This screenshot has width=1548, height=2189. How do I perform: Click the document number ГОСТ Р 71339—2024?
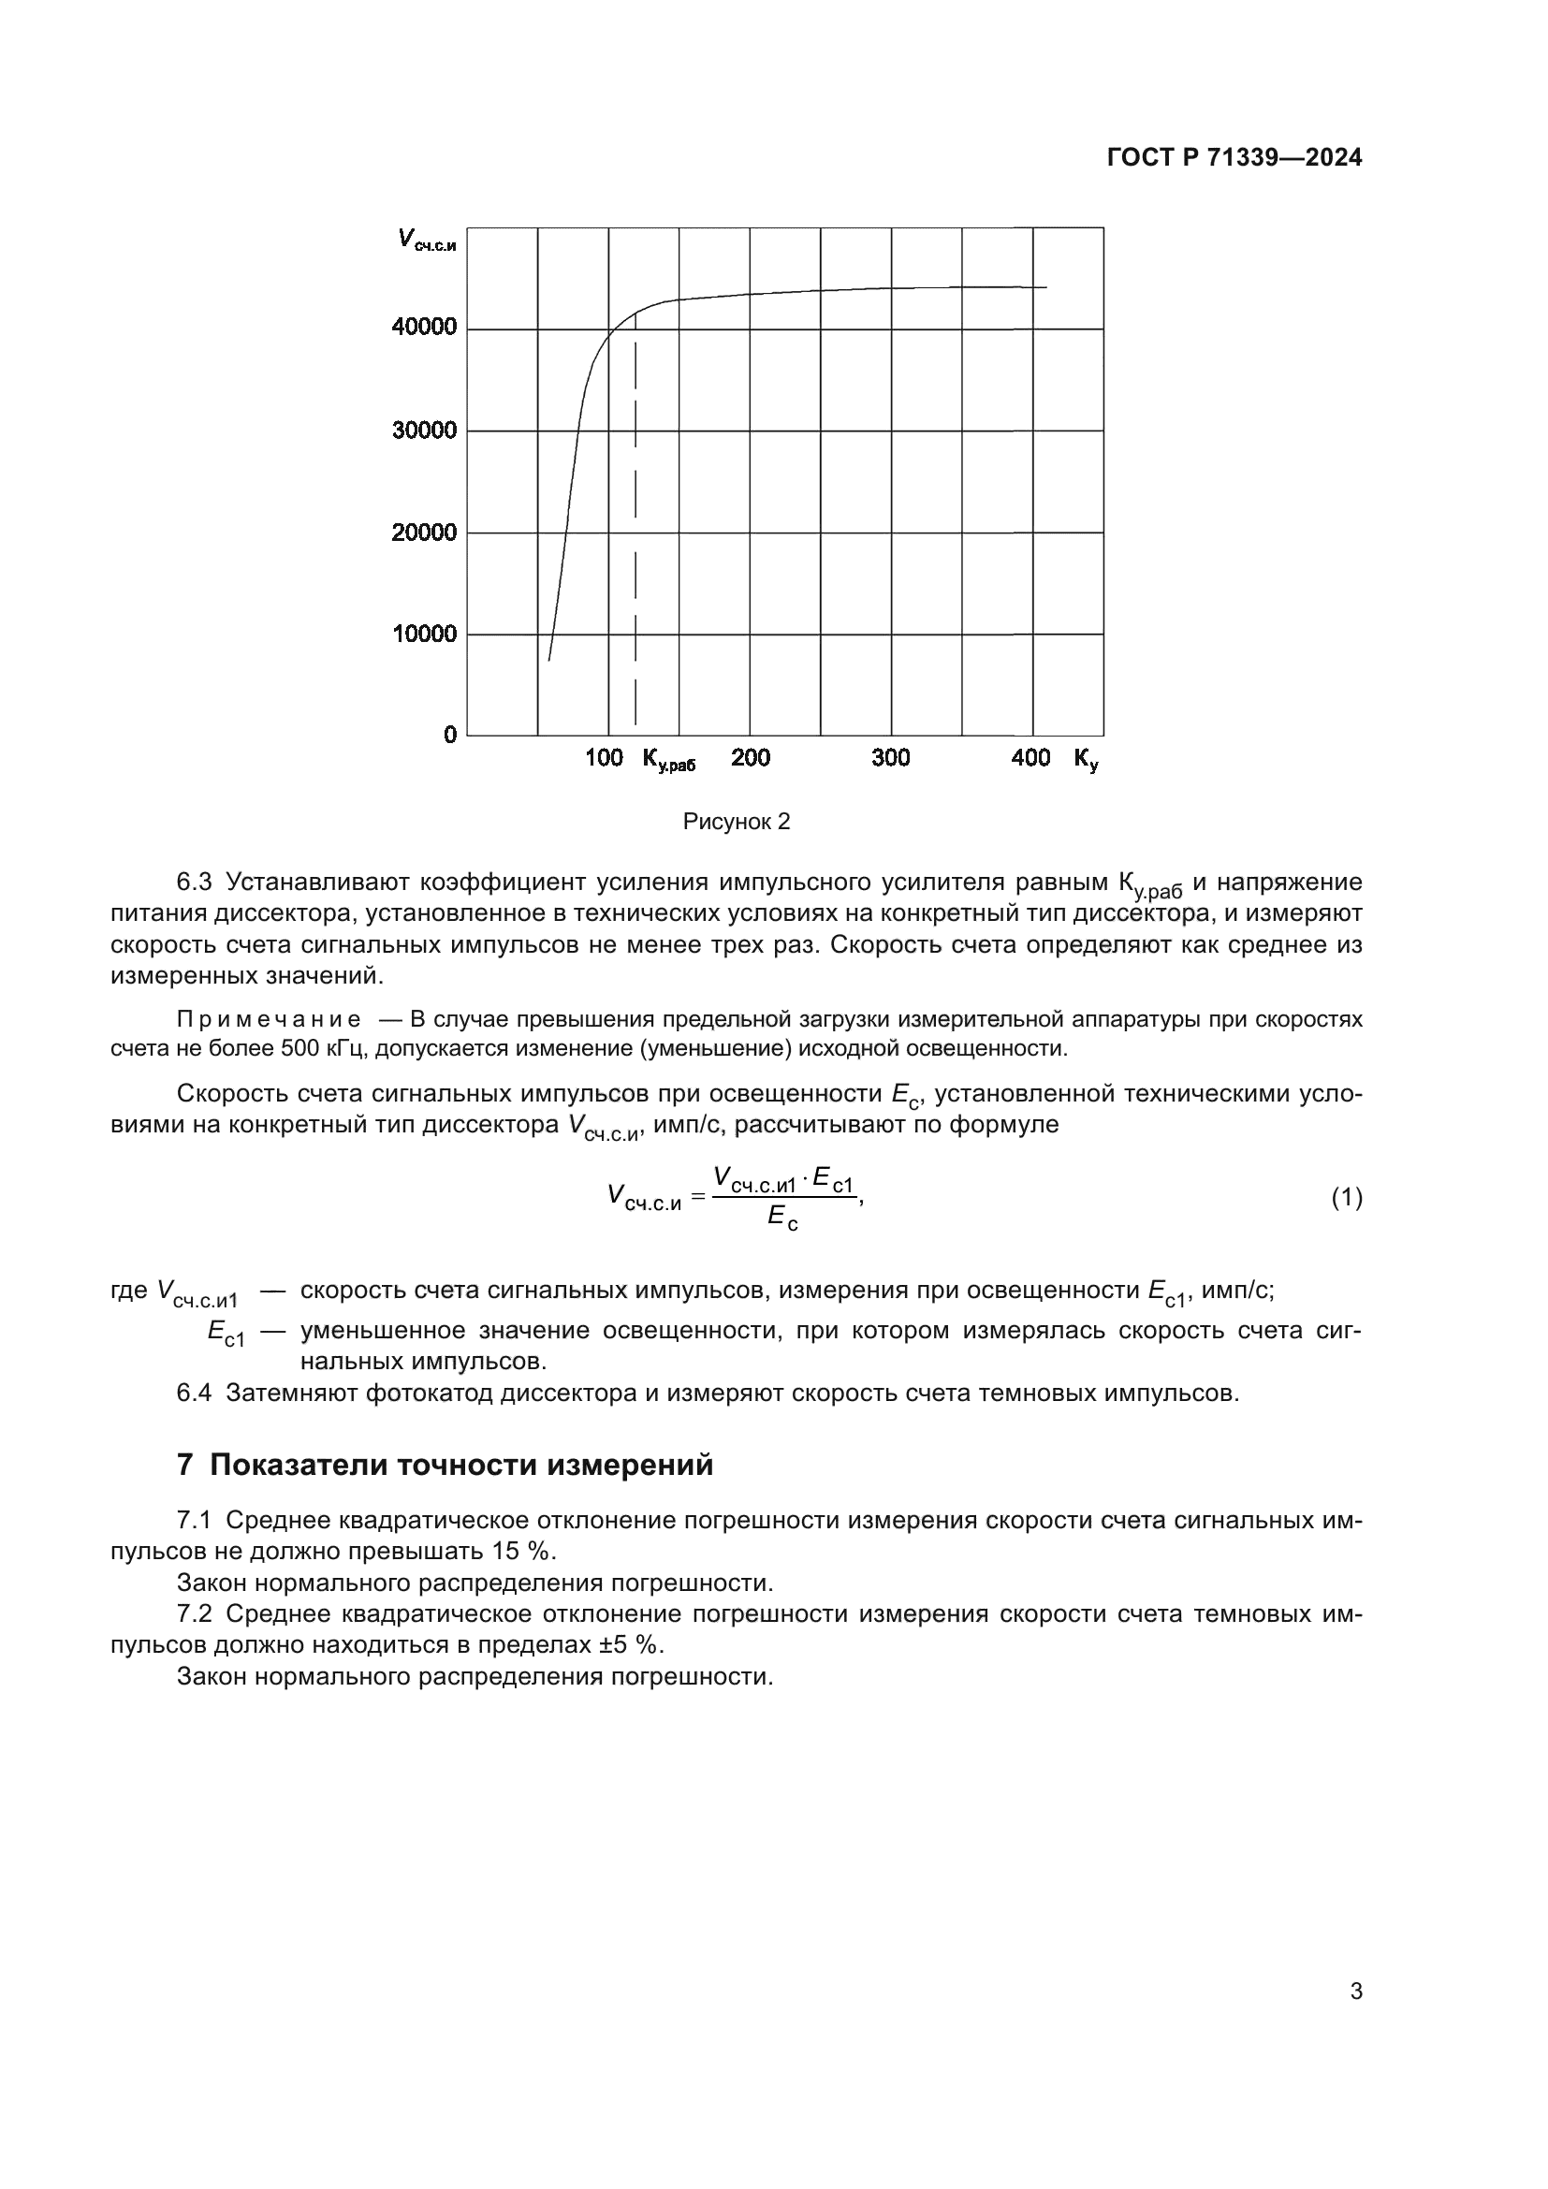pos(1234,158)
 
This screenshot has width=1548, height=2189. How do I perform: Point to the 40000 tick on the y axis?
pos(424,327)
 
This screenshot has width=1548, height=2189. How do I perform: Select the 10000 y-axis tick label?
pos(424,634)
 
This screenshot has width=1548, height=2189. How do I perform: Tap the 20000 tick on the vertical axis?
pos(424,532)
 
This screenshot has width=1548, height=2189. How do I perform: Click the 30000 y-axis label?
pos(424,430)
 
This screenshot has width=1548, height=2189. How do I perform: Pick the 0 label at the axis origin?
pos(450,735)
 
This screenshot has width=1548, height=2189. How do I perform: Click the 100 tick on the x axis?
pos(604,758)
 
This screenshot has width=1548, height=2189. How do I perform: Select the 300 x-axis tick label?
pos(890,758)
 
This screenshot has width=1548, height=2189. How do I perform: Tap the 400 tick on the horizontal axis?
pos(1030,758)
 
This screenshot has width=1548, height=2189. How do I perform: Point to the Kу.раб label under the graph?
pos(668,760)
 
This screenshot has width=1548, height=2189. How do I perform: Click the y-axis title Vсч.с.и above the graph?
pos(426,240)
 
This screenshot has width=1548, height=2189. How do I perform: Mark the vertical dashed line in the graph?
pos(635,533)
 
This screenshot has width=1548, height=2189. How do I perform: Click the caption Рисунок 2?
pos(737,822)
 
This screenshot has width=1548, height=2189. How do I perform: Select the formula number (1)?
pos(1346,1198)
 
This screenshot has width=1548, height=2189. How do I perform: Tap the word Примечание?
pos(269,1020)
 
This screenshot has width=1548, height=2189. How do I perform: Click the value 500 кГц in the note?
pos(325,1049)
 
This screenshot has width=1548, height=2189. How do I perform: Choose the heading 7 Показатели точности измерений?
pos(445,1466)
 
